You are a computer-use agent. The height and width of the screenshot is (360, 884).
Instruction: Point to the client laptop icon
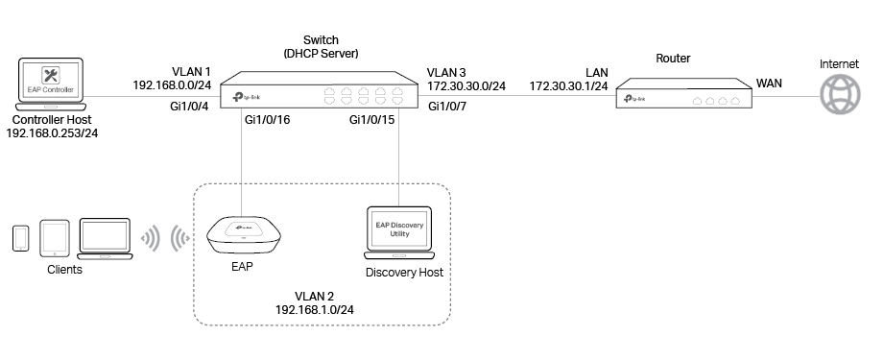pos(104,238)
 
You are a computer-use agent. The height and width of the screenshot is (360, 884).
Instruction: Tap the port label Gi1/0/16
pos(268,120)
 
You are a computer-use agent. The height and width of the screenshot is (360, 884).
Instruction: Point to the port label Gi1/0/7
pos(448,106)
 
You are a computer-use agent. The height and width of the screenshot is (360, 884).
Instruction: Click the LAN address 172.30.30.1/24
pos(568,86)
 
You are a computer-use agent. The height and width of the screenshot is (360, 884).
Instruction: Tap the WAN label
pos(770,84)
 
